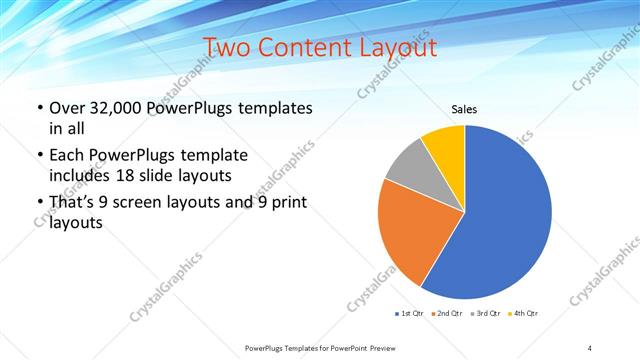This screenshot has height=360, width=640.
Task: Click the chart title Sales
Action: [x=464, y=109]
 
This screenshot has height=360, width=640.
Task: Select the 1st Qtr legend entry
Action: [x=409, y=314]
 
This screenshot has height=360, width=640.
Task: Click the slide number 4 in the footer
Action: [x=590, y=347]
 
